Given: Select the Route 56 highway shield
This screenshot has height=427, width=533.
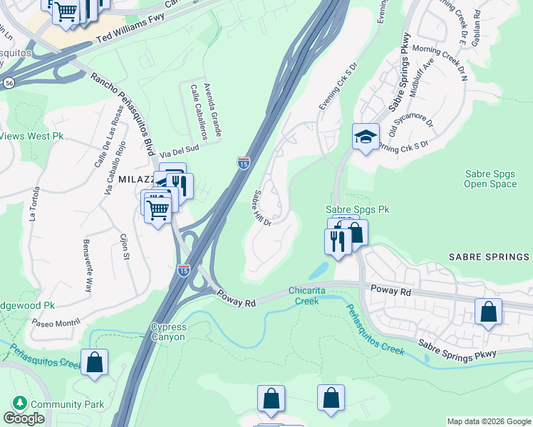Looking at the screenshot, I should (x=9, y=83).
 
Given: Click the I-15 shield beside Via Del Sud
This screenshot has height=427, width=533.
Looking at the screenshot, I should (x=244, y=163).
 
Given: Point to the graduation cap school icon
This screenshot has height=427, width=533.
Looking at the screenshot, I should (x=366, y=136).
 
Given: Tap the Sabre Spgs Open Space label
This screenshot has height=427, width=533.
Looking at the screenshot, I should (x=490, y=178).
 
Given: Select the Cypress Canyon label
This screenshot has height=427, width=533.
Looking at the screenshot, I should (x=168, y=332).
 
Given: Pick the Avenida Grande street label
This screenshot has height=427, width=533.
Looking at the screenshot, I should (x=212, y=109).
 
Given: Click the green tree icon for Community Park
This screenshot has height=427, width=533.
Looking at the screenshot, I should (x=19, y=404).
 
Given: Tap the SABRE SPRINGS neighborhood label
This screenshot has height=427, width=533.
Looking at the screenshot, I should (x=490, y=255).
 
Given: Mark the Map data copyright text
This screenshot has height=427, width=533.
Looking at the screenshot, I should (x=489, y=421).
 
